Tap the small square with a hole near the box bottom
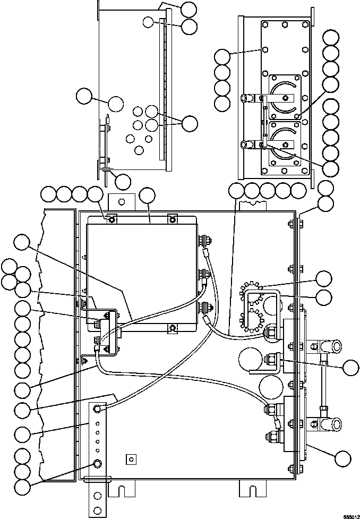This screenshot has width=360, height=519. [x=131, y=458]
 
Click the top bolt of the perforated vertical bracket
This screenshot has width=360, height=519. [x=97, y=408]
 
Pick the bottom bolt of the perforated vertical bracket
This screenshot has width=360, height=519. [x=97, y=464]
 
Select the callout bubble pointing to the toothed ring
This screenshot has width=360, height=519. [x=323, y=279]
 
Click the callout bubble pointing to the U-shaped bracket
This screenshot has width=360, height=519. [x=323, y=297]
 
